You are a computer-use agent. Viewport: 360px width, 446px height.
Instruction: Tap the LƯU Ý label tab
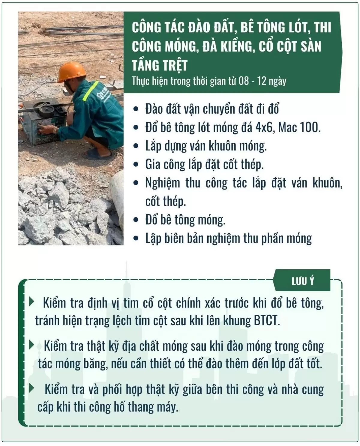pos(303,281)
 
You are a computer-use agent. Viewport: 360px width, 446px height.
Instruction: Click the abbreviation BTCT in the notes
pos(267,321)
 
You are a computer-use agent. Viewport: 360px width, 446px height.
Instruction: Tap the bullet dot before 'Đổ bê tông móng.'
pos(137,220)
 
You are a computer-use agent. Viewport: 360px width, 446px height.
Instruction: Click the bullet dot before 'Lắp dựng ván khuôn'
pos(137,146)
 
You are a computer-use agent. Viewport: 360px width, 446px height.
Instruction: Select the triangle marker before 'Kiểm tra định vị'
pos(31,302)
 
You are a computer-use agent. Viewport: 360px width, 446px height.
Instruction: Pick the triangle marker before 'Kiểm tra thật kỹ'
pos(31,345)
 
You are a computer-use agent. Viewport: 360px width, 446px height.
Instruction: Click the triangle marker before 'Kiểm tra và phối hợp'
pos(31,388)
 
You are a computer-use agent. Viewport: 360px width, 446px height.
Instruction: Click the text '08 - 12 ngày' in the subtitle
pos(262,81)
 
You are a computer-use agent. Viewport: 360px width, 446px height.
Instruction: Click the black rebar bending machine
pos(42,120)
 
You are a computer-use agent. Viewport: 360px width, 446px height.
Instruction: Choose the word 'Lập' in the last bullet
pos(153,239)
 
